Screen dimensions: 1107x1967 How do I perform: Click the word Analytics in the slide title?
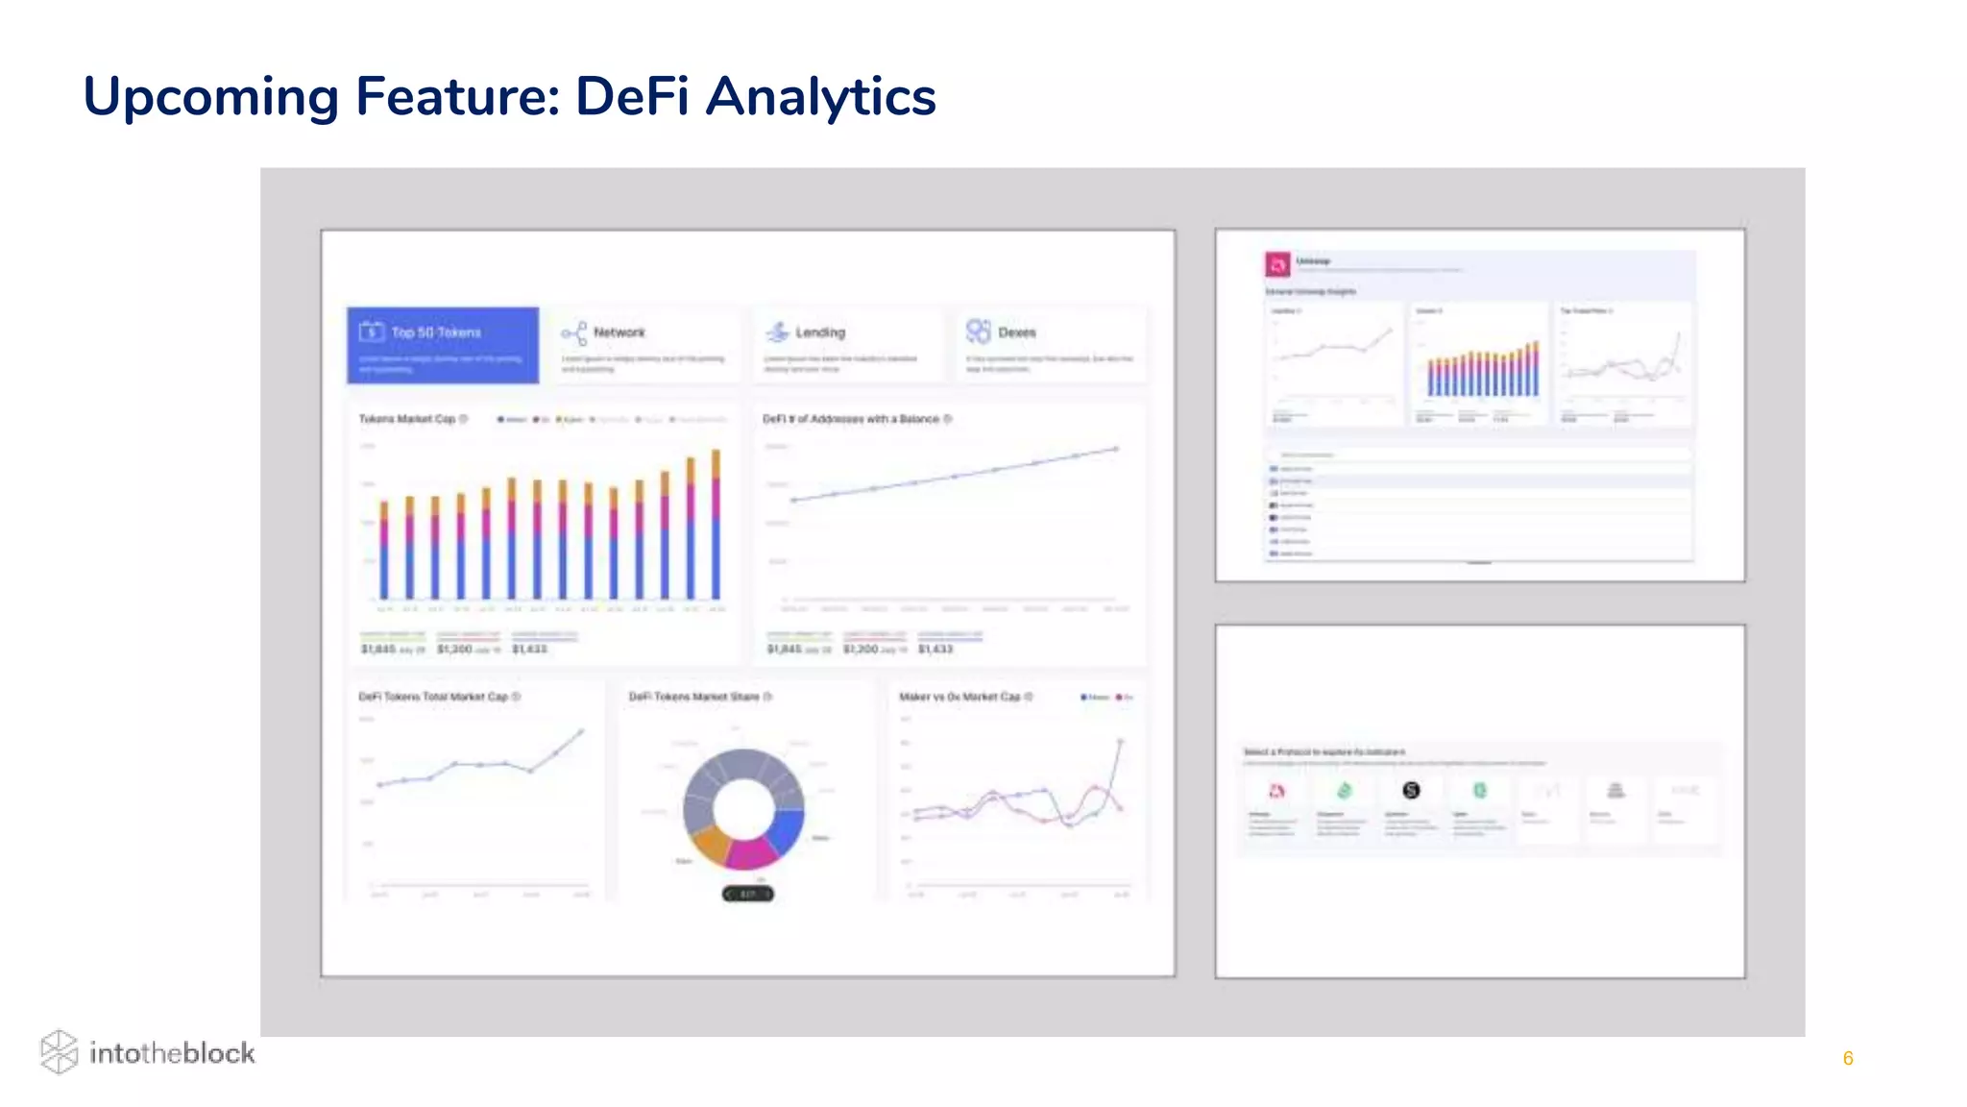click(820, 97)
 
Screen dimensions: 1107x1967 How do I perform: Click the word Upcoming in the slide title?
click(210, 98)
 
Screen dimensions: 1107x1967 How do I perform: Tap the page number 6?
click(1847, 1058)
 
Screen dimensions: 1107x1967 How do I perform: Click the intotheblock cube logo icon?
click(59, 1051)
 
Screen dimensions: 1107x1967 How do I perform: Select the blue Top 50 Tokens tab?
click(443, 345)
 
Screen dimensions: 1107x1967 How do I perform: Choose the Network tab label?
click(619, 332)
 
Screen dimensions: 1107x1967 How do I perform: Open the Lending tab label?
click(819, 332)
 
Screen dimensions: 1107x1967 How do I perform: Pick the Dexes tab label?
click(1016, 332)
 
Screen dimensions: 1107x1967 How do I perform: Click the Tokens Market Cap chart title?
click(406, 419)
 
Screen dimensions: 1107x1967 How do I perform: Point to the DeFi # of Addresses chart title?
click(850, 419)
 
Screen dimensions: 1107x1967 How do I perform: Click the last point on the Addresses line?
click(1116, 449)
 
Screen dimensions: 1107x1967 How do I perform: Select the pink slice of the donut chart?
click(750, 853)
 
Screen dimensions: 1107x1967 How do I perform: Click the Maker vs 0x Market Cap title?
click(959, 697)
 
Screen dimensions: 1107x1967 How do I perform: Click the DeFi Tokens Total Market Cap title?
click(433, 697)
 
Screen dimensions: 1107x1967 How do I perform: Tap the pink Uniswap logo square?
click(1277, 263)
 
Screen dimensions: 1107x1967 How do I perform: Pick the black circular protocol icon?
click(1411, 790)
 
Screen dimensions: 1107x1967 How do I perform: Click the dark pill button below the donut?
click(747, 895)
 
